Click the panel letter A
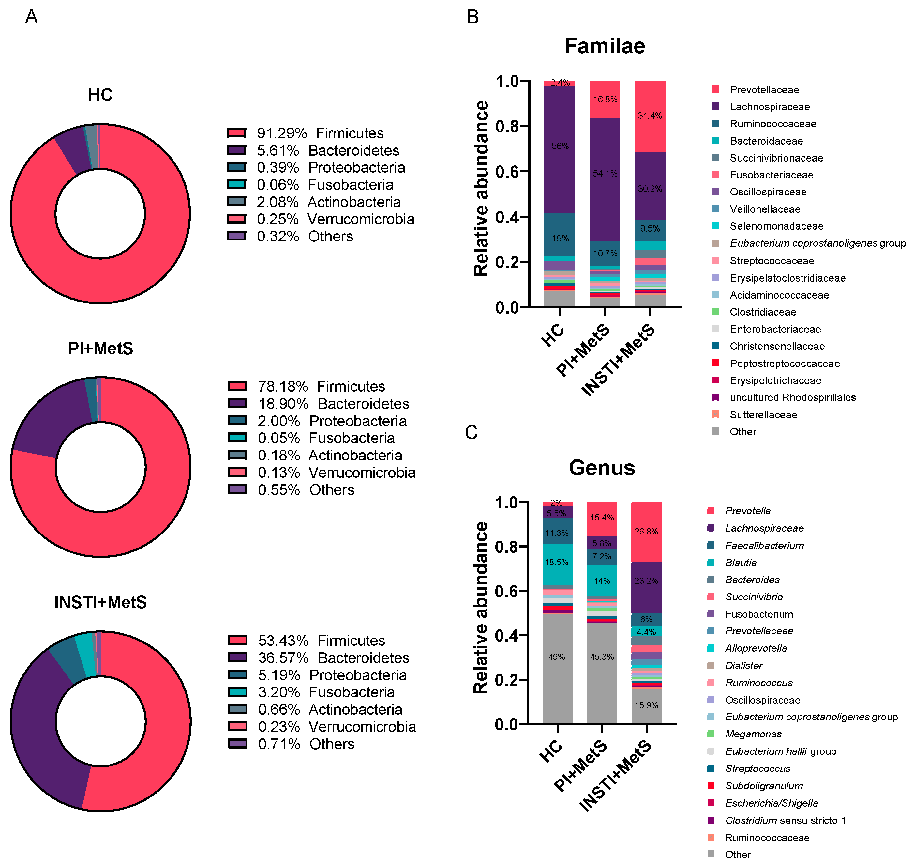[x=31, y=17]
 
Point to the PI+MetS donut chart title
[x=100, y=348]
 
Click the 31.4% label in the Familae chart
[x=650, y=116]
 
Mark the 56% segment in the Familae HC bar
[x=560, y=146]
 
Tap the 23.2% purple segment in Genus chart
[x=646, y=581]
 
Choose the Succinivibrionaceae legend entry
[x=776, y=158]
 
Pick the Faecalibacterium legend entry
[x=764, y=546]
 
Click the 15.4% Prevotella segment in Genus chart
[x=602, y=518]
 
